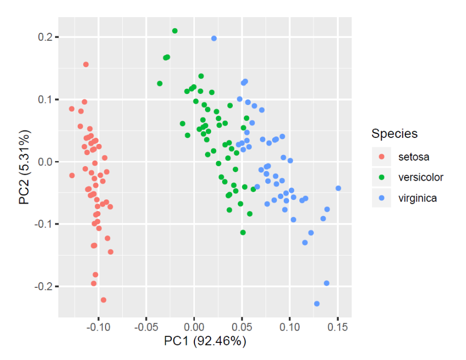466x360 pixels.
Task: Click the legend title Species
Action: (394, 134)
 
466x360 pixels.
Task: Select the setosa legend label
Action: (413, 157)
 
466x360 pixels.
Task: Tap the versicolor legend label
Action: (421, 177)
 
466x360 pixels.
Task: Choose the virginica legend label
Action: (417, 198)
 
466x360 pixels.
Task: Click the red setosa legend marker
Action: (382, 157)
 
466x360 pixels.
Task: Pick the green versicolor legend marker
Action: (382, 177)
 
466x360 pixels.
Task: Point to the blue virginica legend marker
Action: (382, 198)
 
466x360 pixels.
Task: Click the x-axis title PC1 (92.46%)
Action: (205, 341)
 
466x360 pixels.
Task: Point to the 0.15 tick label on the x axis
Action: (337, 327)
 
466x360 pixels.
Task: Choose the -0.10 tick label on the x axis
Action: (98, 327)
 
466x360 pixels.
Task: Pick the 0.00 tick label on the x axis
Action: (194, 327)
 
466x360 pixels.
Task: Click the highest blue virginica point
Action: (214, 38)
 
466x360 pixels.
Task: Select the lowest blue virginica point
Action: (317, 303)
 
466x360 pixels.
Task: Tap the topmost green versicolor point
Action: (175, 31)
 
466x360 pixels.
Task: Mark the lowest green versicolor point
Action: (243, 232)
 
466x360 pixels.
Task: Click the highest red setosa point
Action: (86, 64)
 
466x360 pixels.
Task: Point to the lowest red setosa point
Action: (103, 300)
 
